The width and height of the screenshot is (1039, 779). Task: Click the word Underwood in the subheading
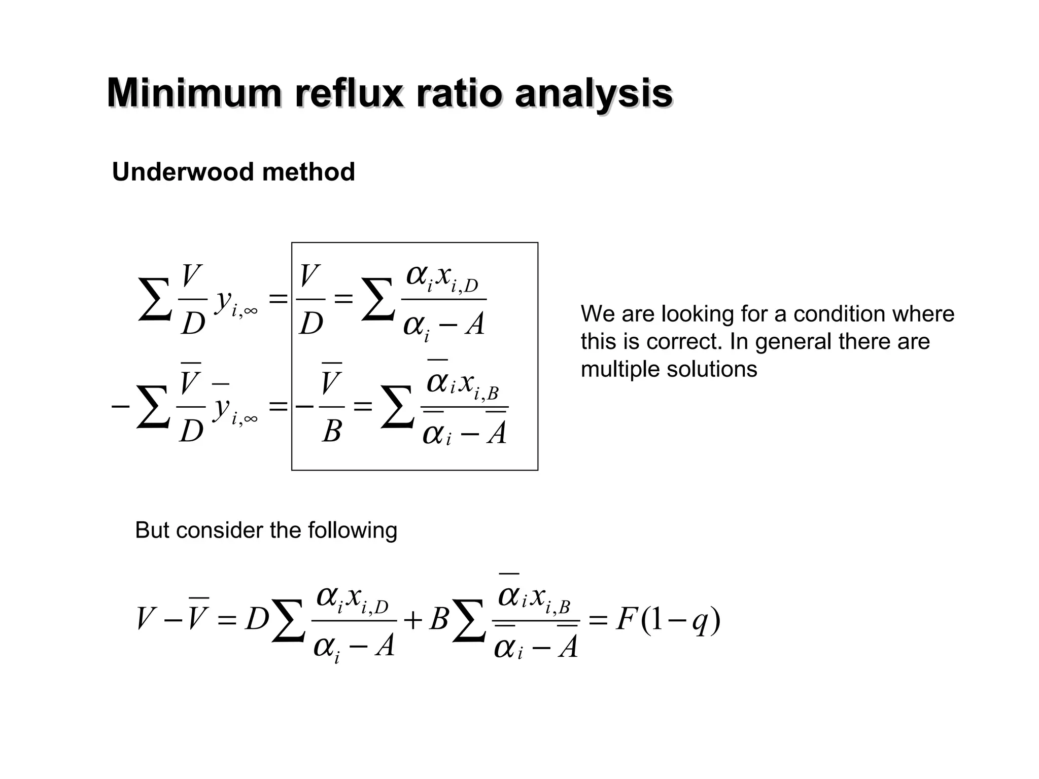(x=183, y=172)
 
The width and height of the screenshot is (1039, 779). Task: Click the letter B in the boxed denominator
(x=331, y=432)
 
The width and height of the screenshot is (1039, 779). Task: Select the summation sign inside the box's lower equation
(x=397, y=407)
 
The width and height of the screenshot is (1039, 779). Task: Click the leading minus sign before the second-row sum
(x=120, y=407)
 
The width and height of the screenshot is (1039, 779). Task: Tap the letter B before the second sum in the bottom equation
(x=438, y=620)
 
